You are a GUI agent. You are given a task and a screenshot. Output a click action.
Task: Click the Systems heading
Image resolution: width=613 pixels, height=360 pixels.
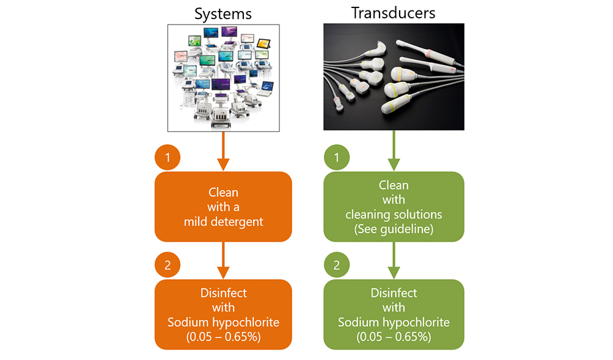[x=223, y=14]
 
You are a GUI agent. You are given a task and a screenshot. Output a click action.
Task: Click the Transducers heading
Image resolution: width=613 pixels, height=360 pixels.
[x=394, y=13]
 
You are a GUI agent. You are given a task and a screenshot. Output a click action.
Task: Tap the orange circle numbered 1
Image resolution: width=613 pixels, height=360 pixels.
[x=167, y=157]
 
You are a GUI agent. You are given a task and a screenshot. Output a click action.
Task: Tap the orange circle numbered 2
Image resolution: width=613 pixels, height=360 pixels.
[x=167, y=265]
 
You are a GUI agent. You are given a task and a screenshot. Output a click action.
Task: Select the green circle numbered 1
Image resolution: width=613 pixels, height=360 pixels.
[x=337, y=157]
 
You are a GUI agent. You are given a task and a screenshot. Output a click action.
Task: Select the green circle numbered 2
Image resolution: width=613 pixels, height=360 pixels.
[x=337, y=265]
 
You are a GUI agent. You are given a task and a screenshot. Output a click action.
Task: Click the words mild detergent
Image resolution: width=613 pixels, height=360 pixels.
[x=224, y=222]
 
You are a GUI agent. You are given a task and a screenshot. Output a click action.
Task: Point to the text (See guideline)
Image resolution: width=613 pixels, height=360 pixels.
[x=394, y=229]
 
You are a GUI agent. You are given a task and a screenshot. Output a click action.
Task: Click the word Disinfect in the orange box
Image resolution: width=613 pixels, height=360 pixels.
[x=224, y=293]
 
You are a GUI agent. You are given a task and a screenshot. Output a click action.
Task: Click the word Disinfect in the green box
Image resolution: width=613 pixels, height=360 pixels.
[x=394, y=293]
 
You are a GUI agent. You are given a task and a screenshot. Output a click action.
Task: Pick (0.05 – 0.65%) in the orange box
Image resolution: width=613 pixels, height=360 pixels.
[x=224, y=337]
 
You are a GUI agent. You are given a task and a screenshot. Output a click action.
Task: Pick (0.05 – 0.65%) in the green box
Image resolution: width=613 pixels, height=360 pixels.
[x=394, y=337]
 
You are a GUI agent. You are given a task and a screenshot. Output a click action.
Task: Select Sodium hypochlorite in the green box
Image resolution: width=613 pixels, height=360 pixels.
[x=394, y=323]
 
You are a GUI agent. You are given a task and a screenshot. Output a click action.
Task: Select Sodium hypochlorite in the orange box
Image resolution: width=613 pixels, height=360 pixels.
[x=224, y=323]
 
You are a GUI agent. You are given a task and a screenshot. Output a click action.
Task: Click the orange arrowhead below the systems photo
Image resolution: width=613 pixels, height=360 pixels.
[x=223, y=165]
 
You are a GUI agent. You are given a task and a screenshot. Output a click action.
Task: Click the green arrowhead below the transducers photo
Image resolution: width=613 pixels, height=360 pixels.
[x=394, y=165]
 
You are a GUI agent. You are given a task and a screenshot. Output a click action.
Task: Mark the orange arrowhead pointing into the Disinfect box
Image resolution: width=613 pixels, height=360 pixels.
[x=223, y=273]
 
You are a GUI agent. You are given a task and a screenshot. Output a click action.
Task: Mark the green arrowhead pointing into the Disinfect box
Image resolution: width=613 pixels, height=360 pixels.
[x=394, y=273]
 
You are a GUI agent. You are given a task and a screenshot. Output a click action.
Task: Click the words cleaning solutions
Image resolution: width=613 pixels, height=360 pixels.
[x=394, y=215]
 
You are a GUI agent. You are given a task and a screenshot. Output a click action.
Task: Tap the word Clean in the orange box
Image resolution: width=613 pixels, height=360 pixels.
[x=223, y=192]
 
